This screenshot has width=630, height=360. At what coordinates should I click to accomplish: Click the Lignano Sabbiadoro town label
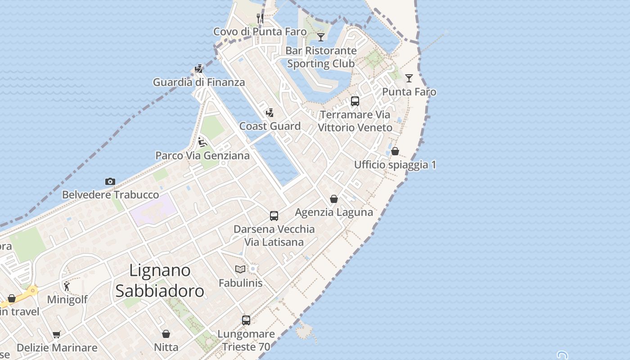[x=160, y=281]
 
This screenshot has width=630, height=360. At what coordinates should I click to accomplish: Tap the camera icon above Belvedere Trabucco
[x=110, y=182]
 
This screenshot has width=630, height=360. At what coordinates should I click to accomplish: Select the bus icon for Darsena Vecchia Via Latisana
[x=274, y=216]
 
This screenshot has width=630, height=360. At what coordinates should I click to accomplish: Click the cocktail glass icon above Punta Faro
[x=409, y=78]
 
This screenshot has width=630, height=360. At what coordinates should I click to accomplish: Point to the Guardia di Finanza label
[x=199, y=82]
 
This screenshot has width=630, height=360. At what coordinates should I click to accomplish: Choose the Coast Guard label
[x=270, y=126]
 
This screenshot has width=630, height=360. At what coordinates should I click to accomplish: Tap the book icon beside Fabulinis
[x=240, y=269]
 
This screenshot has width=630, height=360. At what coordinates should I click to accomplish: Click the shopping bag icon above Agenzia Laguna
[x=334, y=199]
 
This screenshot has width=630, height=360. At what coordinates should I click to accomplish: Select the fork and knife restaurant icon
[x=260, y=18]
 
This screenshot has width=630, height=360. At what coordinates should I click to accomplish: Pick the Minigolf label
[x=67, y=299]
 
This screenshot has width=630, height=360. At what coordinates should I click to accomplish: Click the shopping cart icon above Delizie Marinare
[x=57, y=335]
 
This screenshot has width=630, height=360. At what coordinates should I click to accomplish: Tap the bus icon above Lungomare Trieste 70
[x=246, y=320]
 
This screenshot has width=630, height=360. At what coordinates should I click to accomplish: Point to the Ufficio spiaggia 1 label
[x=395, y=165]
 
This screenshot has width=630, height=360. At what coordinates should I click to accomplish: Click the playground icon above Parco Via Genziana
[x=202, y=143]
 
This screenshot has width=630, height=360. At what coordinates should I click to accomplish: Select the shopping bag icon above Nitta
[x=166, y=334]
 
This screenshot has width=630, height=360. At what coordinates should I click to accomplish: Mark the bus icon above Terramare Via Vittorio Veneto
[x=355, y=101]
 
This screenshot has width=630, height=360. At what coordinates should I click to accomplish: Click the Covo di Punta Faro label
[x=260, y=31]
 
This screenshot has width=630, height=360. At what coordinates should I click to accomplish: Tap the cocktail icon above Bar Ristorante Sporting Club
[x=321, y=37]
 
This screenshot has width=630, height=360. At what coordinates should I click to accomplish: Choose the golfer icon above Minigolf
[x=67, y=286]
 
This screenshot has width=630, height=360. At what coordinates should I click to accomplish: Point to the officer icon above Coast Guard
[x=270, y=113]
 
